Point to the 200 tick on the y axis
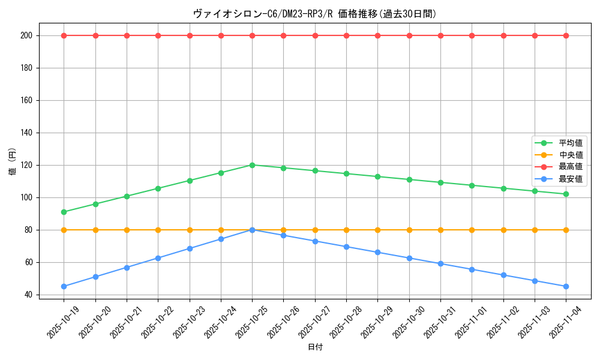pyautogui.click(x=28, y=35)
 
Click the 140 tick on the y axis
pyautogui.click(x=28, y=133)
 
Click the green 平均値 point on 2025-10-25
pyautogui.click(x=252, y=165)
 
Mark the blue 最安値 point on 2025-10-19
pyautogui.click(x=64, y=286)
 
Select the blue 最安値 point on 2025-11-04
pyautogui.click(x=566, y=286)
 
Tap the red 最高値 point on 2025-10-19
pyautogui.click(x=64, y=35)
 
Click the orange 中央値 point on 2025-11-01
pyautogui.click(x=472, y=230)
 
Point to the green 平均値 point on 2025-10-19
pyautogui.click(x=64, y=212)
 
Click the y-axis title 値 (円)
pyautogui.click(x=13, y=162)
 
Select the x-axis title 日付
pyautogui.click(x=315, y=347)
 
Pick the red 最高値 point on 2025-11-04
pyautogui.click(x=566, y=35)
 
